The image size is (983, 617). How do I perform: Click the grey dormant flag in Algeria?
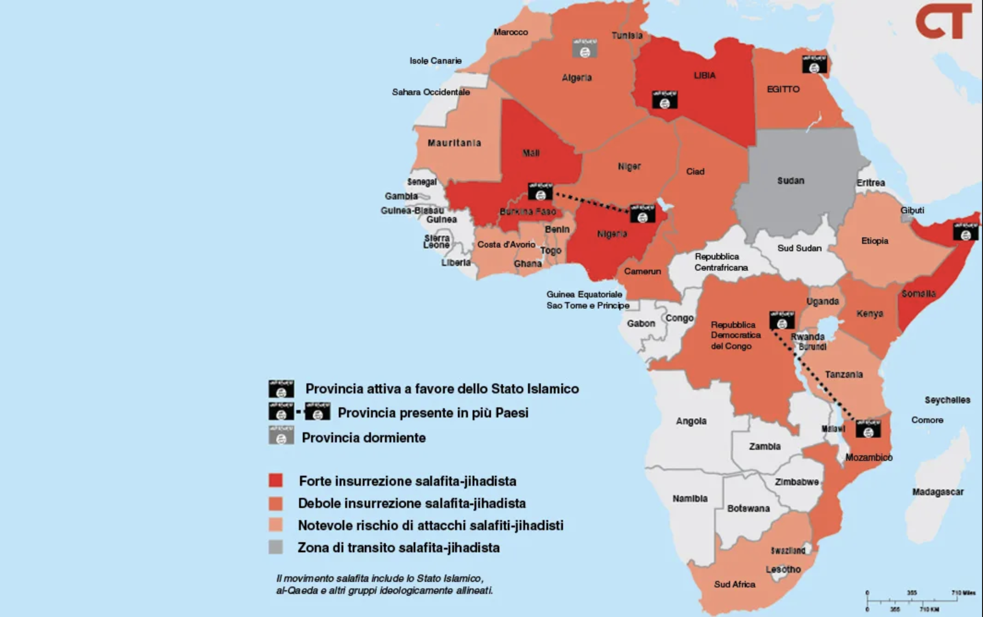tap(585, 48)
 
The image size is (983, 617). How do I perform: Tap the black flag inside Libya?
tap(665, 100)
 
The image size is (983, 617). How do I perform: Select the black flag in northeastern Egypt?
tap(814, 64)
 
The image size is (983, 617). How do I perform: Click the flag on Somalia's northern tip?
tap(965, 231)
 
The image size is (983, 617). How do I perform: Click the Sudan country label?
tap(791, 181)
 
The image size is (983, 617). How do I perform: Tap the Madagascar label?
tap(938, 492)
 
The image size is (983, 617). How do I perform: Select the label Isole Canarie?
tap(435, 60)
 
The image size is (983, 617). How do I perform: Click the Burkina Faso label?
tap(527, 212)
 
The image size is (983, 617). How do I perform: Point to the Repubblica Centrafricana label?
tap(720, 262)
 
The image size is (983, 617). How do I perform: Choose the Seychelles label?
tap(947, 400)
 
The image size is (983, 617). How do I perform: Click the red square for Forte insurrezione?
tap(276, 480)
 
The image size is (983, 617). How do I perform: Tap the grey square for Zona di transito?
tap(276, 547)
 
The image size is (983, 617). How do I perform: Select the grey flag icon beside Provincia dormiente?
tap(281, 435)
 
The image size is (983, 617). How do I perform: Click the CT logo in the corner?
tap(943, 22)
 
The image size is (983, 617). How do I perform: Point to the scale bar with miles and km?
tap(920, 600)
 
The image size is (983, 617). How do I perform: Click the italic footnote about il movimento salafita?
tap(384, 584)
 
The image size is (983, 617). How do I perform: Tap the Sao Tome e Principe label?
tap(587, 305)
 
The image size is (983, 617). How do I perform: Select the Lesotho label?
tap(783, 569)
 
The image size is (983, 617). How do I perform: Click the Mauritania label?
tap(454, 143)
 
